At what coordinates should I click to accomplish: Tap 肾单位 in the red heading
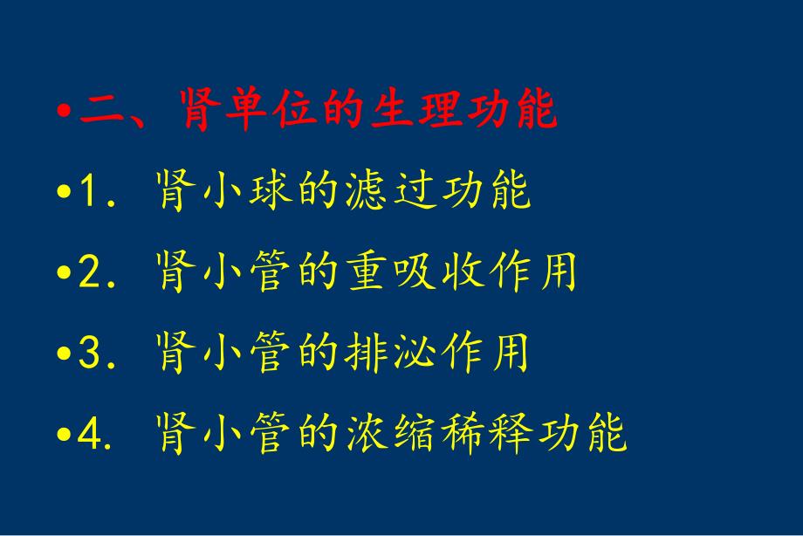tap(243, 111)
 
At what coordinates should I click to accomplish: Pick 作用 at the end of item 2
tap(533, 272)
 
